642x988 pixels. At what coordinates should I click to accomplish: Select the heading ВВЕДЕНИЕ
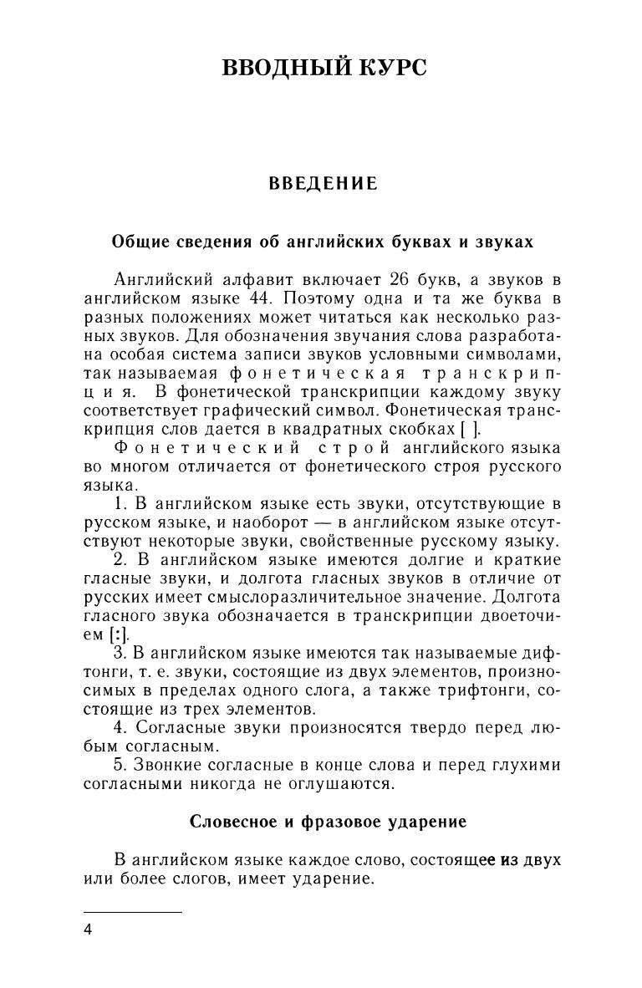(x=323, y=184)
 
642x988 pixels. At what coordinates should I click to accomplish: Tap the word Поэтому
(x=314, y=298)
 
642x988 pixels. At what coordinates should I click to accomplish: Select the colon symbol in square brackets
(x=103, y=635)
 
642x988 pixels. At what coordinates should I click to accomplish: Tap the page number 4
(x=89, y=929)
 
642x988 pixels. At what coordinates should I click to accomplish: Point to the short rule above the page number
(x=133, y=912)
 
